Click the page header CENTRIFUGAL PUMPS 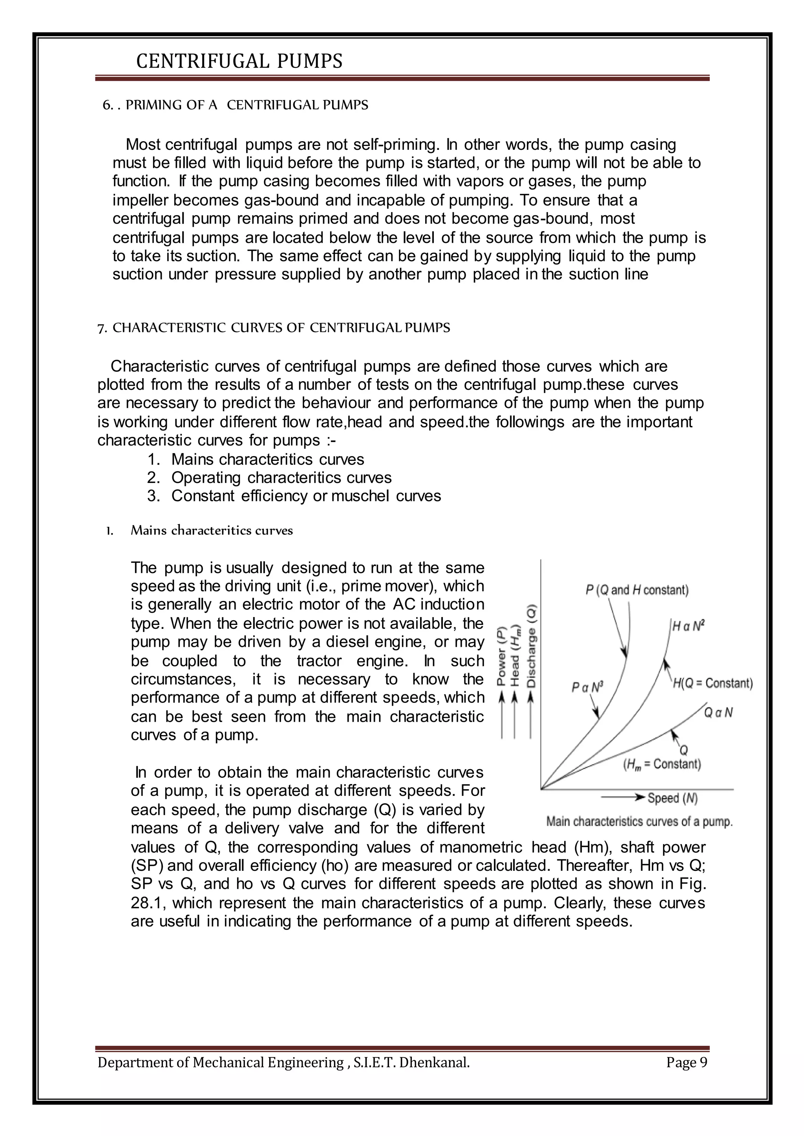tap(239, 61)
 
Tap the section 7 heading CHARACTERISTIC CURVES tap(274, 328)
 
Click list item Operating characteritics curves tap(281, 477)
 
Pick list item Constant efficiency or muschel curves tap(306, 496)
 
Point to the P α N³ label tap(587, 687)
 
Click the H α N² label tap(688, 626)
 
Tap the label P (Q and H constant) tap(637, 590)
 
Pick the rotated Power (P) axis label tap(501, 657)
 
